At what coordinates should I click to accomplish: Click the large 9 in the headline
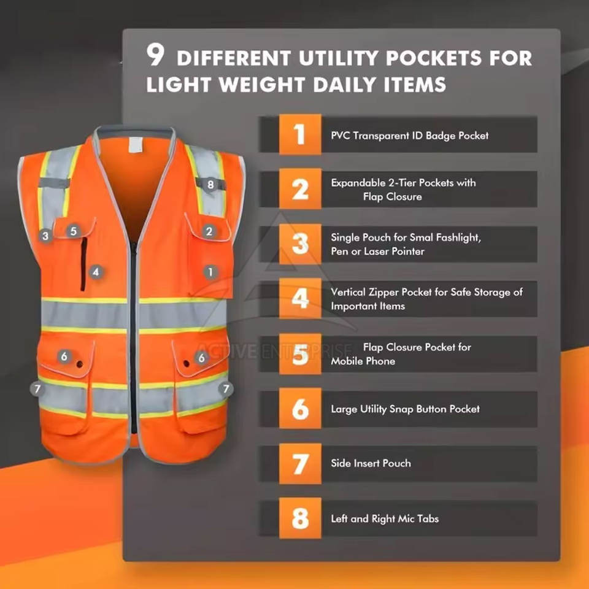(x=155, y=55)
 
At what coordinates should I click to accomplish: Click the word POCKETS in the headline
(x=434, y=58)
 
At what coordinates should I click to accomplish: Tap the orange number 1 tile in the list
(x=300, y=134)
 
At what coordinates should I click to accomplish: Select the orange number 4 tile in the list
(x=300, y=299)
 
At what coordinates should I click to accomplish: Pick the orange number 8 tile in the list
(x=300, y=518)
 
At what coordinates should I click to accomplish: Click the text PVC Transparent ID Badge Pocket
(x=409, y=136)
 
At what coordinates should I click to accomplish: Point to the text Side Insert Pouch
(x=371, y=463)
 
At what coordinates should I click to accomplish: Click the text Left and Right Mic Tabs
(x=385, y=518)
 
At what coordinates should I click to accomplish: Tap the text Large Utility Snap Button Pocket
(x=405, y=409)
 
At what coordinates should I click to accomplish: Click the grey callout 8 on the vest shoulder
(x=210, y=185)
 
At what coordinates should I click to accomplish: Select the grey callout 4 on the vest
(x=96, y=272)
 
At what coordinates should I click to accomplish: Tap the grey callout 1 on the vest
(x=210, y=272)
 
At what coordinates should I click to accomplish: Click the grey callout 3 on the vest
(x=45, y=236)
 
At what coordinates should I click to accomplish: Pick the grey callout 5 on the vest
(x=74, y=231)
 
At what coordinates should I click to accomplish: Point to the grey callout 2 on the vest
(x=209, y=231)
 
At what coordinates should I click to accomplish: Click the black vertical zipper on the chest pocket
(x=83, y=264)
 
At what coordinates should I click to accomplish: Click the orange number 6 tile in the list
(x=300, y=409)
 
